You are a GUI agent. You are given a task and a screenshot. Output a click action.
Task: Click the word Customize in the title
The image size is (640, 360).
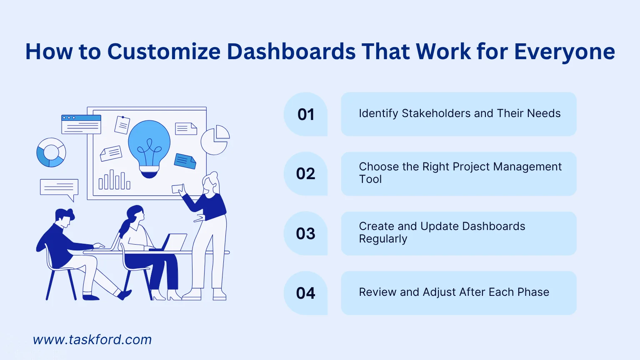(x=164, y=52)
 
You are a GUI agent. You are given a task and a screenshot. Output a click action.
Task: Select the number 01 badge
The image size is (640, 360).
(x=306, y=114)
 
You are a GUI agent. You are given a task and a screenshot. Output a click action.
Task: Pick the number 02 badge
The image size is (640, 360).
(x=306, y=174)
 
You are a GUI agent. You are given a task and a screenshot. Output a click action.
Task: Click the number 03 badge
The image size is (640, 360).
(x=306, y=233)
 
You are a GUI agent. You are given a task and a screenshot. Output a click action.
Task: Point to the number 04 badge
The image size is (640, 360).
(x=306, y=293)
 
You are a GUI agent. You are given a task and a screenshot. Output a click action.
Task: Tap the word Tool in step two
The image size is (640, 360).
(x=370, y=179)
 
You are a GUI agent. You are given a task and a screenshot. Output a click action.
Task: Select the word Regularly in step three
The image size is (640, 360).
(x=383, y=239)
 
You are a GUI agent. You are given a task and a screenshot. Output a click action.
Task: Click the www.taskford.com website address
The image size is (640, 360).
(x=92, y=340)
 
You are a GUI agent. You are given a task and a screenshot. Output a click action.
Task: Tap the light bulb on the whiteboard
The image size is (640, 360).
(x=149, y=149)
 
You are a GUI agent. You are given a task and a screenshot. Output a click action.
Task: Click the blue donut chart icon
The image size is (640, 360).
(x=51, y=152)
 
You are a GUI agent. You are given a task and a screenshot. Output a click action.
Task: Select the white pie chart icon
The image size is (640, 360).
(x=215, y=140)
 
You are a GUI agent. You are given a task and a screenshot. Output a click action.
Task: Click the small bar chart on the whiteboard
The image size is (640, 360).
(x=114, y=180)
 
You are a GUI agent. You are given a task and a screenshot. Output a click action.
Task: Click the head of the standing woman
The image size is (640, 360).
(x=210, y=183)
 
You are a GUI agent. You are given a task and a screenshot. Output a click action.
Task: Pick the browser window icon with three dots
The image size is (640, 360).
(x=81, y=124)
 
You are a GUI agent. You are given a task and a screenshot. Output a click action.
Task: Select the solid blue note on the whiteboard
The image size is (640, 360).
(x=185, y=161)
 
